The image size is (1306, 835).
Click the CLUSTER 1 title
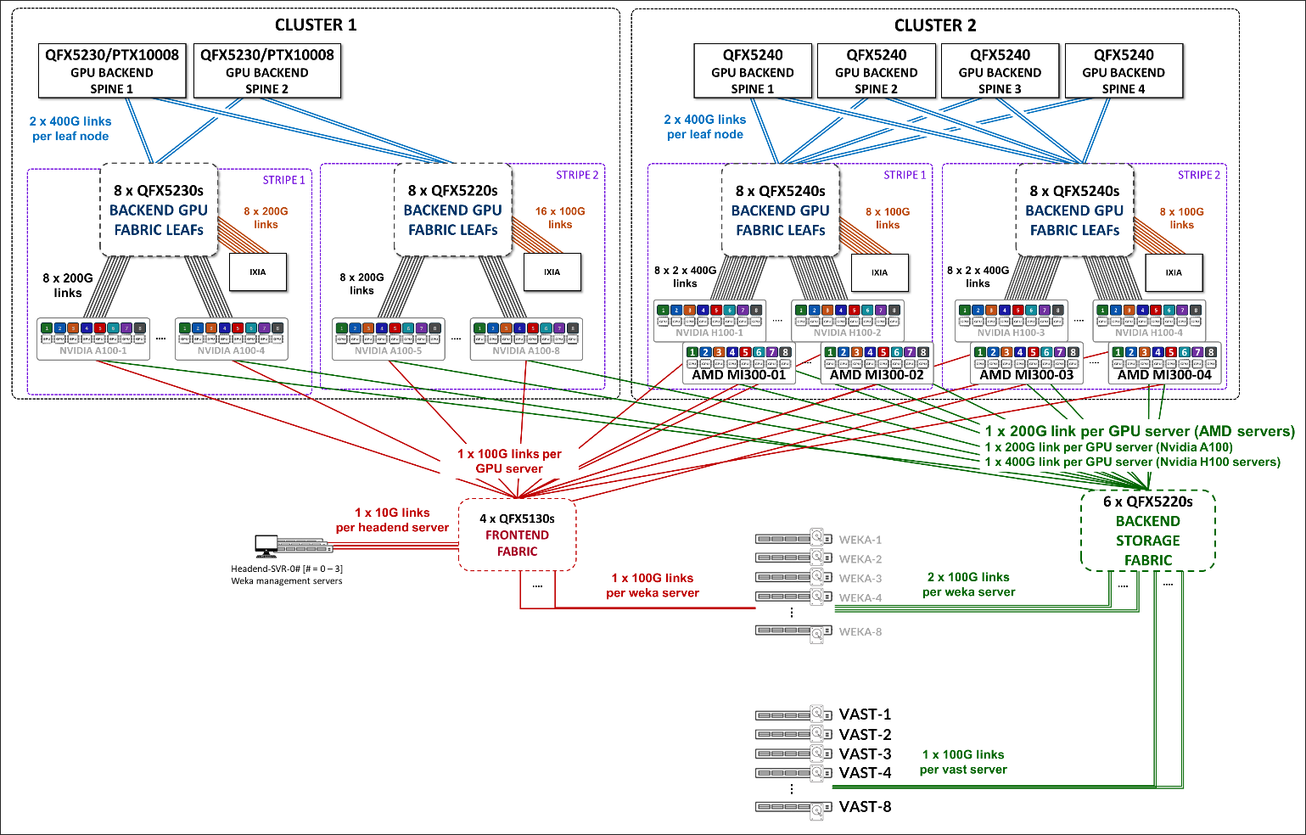click(x=316, y=25)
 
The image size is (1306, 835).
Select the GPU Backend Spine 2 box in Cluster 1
click(x=267, y=71)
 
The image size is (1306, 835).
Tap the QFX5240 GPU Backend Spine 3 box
click(x=1000, y=71)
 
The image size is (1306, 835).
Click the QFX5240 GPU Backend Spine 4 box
click(x=1124, y=71)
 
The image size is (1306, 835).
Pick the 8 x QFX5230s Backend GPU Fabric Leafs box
click(x=159, y=210)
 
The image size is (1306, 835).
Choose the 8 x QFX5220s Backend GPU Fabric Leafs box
click(x=453, y=210)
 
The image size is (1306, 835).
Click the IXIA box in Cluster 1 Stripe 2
click(x=552, y=272)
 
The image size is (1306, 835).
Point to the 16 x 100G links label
click(x=560, y=218)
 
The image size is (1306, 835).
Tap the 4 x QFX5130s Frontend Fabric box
click(x=517, y=535)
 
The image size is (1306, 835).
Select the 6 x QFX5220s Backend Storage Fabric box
click(x=1147, y=530)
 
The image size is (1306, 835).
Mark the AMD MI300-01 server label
click(x=739, y=375)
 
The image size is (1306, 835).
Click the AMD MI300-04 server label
click(x=1164, y=375)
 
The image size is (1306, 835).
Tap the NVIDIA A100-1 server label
click(x=93, y=350)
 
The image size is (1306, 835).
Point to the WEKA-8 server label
click(x=860, y=632)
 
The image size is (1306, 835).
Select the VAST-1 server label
click(x=865, y=715)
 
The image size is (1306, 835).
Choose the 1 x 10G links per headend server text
click(x=392, y=520)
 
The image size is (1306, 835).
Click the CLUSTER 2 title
click(x=935, y=25)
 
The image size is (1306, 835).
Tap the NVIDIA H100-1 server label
click(x=709, y=333)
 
